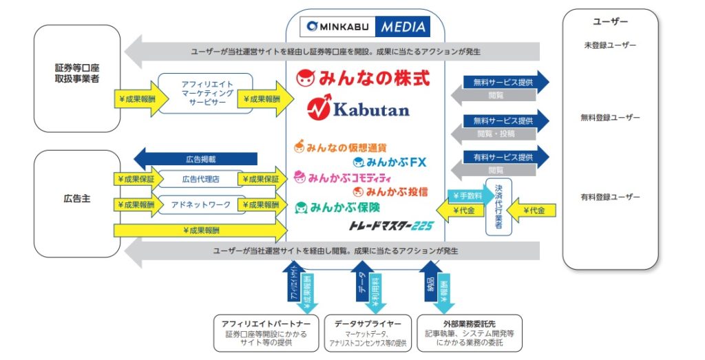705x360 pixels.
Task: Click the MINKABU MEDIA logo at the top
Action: (365, 26)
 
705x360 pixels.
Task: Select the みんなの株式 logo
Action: (363, 78)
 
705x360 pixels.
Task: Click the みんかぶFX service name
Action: (390, 162)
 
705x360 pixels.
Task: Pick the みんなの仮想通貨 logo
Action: (340, 147)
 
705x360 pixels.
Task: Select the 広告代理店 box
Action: (200, 179)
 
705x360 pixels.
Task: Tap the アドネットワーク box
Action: (200, 204)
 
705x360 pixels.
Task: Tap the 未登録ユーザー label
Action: (610, 46)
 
